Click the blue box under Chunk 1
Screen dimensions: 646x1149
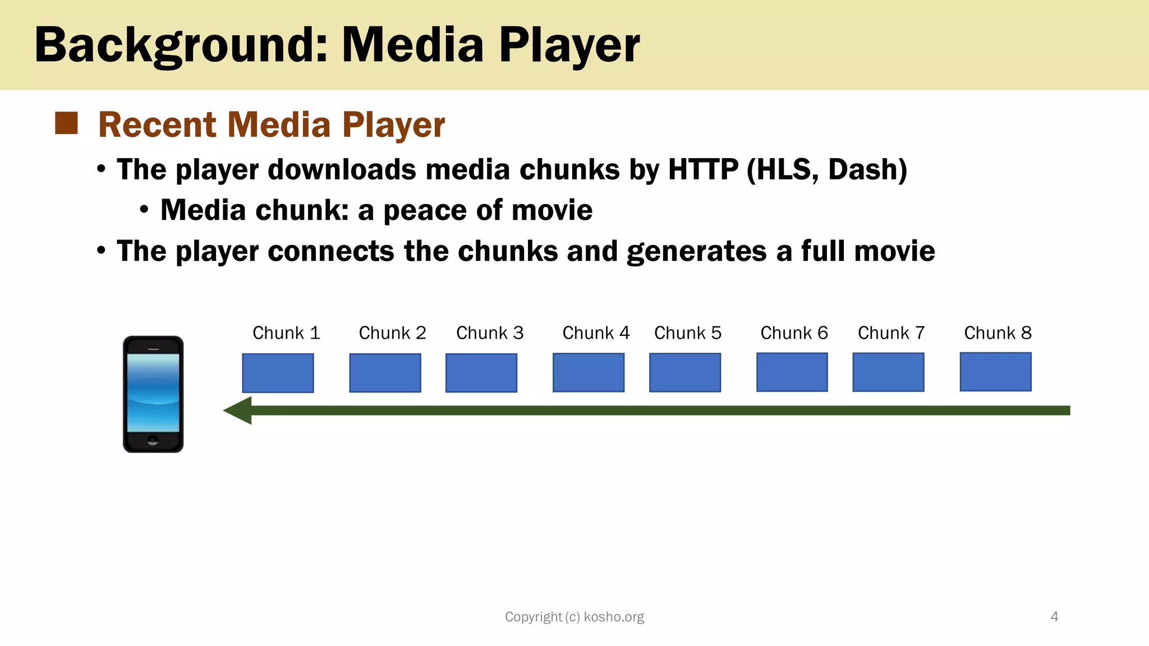click(278, 373)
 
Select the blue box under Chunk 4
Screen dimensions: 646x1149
click(589, 372)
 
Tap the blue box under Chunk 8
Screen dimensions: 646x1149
click(995, 372)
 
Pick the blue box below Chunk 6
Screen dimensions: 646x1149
click(792, 372)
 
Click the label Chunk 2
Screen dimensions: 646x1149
click(392, 333)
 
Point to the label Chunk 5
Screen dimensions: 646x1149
click(687, 333)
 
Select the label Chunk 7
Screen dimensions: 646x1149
click(891, 333)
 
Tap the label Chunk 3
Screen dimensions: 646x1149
click(490, 333)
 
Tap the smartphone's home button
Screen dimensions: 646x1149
click(153, 440)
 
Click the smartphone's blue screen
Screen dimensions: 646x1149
click(153, 393)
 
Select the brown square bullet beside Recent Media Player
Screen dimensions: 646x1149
click(66, 123)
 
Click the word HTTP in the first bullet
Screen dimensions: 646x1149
click(703, 169)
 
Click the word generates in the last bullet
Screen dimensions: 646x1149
click(696, 251)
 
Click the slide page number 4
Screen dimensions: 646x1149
click(1054, 617)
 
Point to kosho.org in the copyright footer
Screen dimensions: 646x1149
click(614, 617)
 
